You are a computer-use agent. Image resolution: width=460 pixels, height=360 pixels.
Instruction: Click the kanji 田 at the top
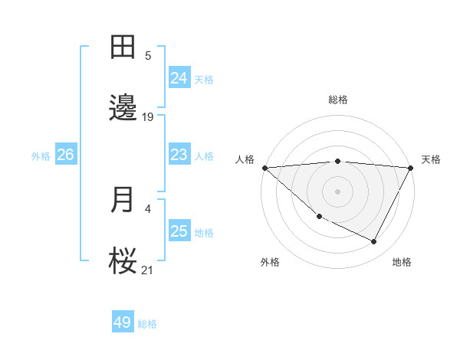point(124,47)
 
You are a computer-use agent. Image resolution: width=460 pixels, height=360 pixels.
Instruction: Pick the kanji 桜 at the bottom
point(124,260)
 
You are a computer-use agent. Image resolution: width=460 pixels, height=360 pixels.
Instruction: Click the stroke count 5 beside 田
point(148,56)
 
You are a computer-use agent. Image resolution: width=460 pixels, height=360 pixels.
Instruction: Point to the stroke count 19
point(148,117)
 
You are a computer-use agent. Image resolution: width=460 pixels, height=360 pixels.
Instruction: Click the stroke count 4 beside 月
point(148,208)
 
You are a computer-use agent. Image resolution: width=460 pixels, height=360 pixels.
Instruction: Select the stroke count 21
point(148,269)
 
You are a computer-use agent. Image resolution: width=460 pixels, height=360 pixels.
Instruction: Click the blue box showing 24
point(179,78)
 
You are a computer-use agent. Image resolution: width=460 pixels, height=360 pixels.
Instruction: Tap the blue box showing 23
point(179,155)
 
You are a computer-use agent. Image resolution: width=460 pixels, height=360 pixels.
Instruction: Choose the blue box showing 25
point(179,231)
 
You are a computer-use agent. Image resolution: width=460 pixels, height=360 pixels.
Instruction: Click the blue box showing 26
point(65,155)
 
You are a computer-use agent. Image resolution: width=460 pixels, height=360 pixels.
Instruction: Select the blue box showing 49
point(123,322)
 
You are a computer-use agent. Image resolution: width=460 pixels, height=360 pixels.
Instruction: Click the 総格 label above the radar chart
point(338,100)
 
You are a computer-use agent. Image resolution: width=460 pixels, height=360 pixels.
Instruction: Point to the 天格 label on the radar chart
point(431,159)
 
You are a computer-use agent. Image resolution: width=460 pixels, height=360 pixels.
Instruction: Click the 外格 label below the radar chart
point(270,262)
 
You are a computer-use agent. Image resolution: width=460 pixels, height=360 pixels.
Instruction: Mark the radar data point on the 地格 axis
point(374,242)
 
